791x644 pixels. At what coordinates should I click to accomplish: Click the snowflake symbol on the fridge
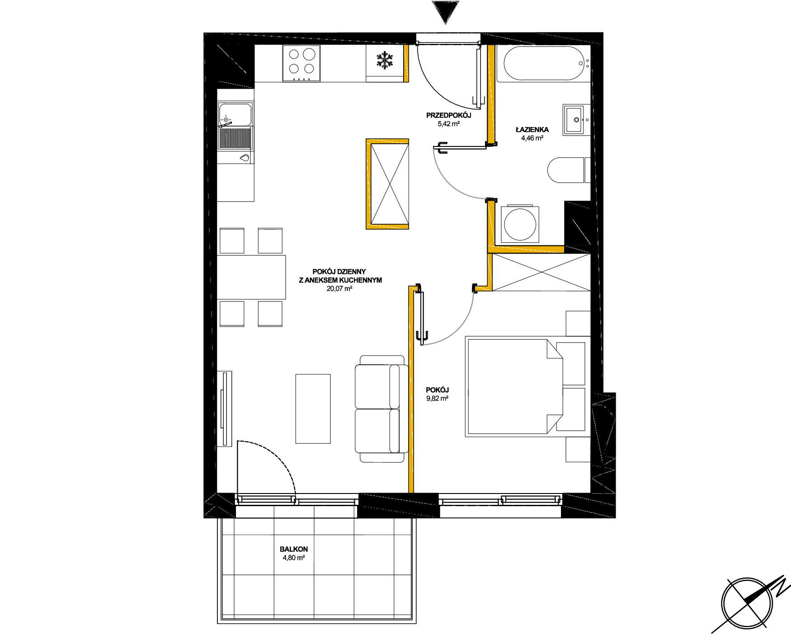tap(385, 61)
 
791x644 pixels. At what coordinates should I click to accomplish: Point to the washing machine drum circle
tap(520, 224)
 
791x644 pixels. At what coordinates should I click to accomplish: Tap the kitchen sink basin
tap(235, 115)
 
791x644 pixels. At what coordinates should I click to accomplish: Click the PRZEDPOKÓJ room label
tap(448, 115)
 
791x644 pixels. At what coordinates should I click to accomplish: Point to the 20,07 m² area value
tap(339, 288)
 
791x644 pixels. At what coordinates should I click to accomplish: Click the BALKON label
tap(294, 549)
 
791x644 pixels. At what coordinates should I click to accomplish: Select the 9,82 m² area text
tap(437, 399)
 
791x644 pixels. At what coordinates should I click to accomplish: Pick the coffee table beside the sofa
tap(313, 409)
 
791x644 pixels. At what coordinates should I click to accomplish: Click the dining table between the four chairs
tap(251, 277)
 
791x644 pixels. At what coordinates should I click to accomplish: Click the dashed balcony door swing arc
tap(280, 454)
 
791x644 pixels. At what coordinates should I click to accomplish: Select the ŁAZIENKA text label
tap(532, 130)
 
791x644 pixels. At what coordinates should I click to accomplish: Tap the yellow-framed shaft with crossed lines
tap(387, 184)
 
